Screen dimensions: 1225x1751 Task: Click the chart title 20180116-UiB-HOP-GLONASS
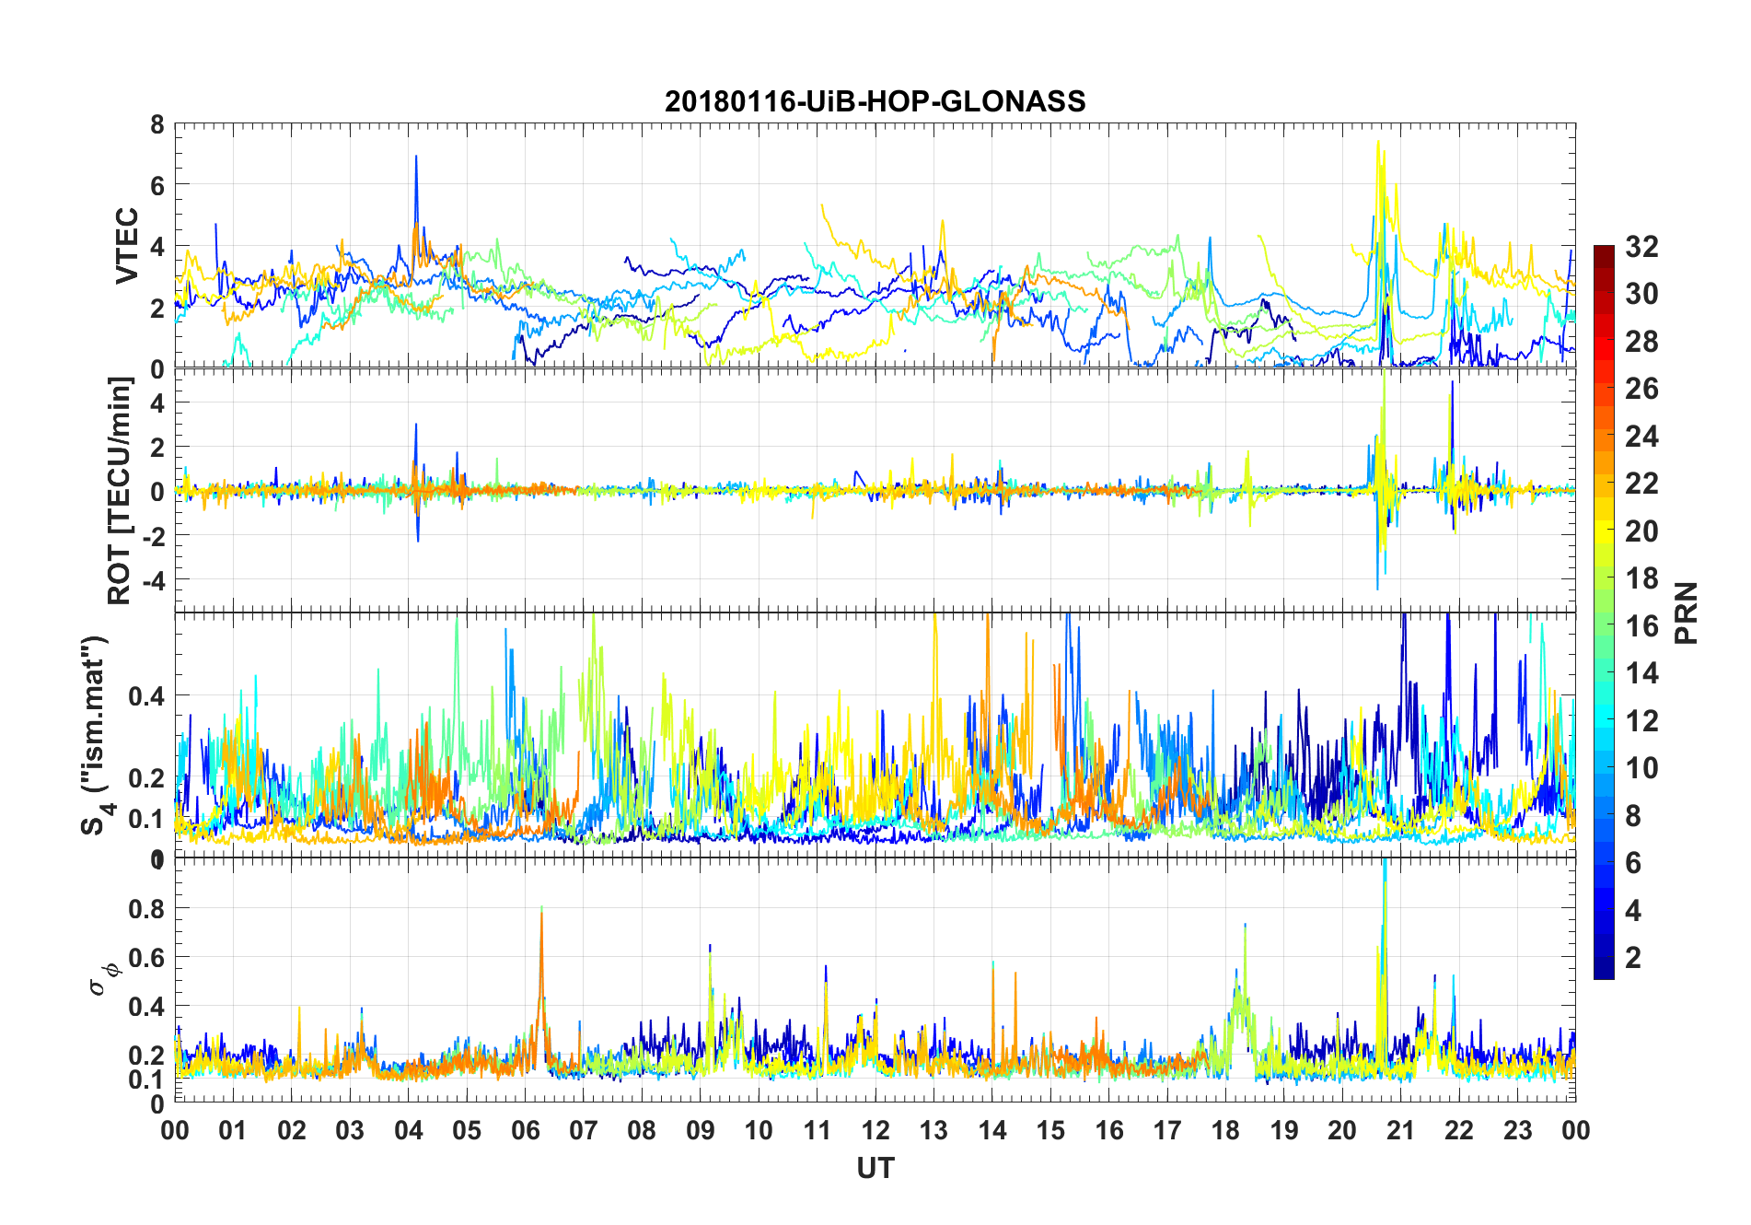point(875,101)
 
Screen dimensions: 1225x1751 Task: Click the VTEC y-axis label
point(127,246)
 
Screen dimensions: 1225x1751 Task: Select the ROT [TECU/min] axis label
point(120,490)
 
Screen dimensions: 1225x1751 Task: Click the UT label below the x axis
point(875,1168)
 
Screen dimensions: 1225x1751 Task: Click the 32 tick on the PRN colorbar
point(1641,246)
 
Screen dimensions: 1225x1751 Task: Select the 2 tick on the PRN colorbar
point(1633,957)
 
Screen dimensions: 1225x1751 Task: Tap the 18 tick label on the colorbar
point(1641,578)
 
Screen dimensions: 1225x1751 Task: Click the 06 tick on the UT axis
point(525,1130)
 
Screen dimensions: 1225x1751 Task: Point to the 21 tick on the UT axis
point(1400,1130)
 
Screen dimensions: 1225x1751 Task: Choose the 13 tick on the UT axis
point(933,1130)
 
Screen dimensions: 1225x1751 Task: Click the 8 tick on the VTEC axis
point(157,124)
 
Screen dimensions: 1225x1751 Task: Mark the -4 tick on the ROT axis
point(152,580)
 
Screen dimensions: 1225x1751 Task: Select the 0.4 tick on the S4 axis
point(146,695)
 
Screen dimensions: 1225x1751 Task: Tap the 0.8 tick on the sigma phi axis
point(146,908)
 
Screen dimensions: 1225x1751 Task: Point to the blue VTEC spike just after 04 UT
point(416,158)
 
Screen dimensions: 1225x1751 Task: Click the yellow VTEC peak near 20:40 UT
point(1378,143)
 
